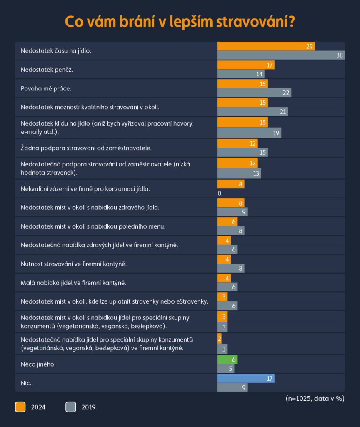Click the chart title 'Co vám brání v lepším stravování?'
click(180, 21)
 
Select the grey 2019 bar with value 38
click(281, 55)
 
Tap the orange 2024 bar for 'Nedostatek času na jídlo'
click(266, 46)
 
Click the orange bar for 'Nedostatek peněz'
click(246, 65)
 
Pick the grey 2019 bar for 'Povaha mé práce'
click(254, 93)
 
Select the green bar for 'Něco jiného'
click(227, 359)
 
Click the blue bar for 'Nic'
click(246, 378)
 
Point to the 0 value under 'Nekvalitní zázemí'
click(219, 193)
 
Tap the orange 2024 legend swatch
click(20, 407)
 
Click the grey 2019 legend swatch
click(71, 407)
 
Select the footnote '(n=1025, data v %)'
click(315, 398)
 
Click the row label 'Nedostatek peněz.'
click(47, 70)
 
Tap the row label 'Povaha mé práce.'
click(46, 88)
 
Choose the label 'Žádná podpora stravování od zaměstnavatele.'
click(86, 148)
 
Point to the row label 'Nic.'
click(26, 382)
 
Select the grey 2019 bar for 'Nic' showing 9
click(232, 387)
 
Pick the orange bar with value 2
click(220, 338)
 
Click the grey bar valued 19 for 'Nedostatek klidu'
click(249, 133)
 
